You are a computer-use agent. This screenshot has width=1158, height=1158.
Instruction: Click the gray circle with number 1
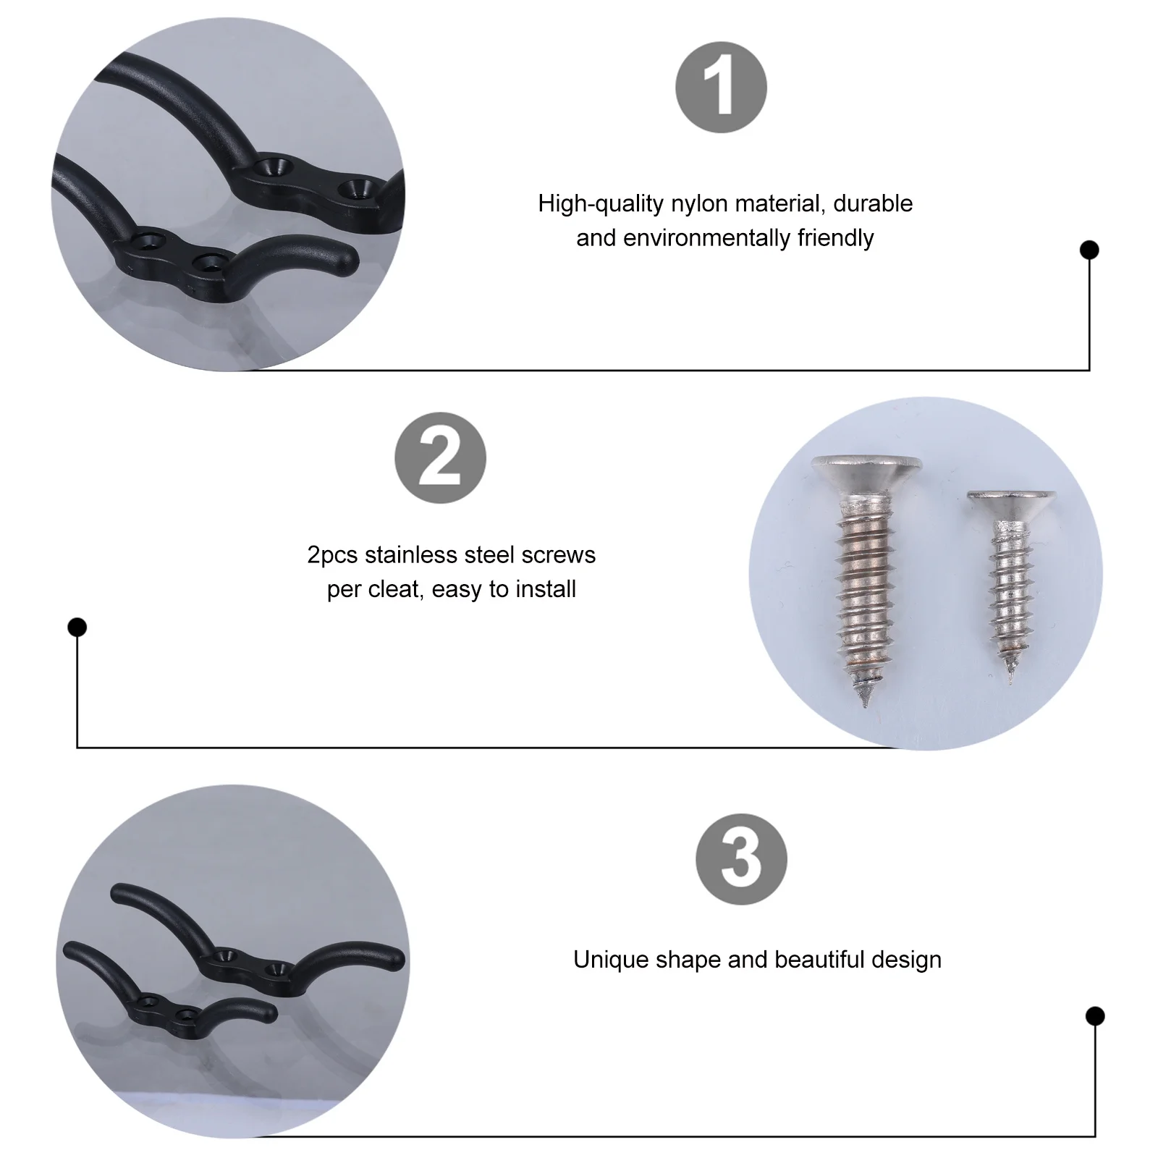point(721,87)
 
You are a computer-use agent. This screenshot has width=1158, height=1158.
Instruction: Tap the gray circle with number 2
point(440,457)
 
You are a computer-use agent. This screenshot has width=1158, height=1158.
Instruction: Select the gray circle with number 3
point(741,859)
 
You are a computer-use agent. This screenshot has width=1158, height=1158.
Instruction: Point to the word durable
point(873,203)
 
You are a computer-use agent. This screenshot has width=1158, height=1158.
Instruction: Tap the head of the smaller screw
point(1012,502)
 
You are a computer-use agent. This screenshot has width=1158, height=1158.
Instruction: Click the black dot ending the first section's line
point(1089,250)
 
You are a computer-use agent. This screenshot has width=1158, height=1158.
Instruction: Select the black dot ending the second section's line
point(77,627)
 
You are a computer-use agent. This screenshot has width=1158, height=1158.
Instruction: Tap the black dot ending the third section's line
point(1095,1016)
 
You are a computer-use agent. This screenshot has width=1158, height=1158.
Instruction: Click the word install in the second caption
point(545,589)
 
